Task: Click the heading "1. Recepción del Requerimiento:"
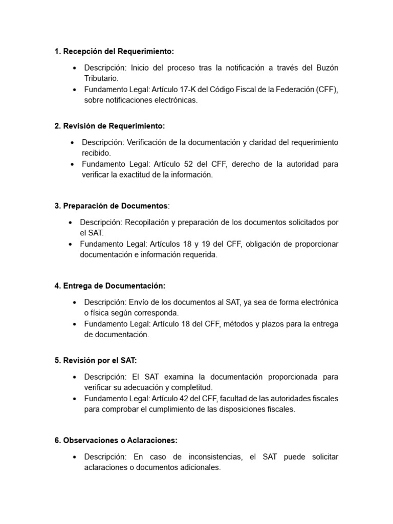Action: (114, 51)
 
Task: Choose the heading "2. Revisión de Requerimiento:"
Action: (110, 126)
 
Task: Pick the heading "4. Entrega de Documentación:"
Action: (110, 286)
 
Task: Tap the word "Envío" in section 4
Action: (141, 302)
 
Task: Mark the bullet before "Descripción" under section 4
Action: (75, 302)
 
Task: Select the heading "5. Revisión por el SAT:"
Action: (96, 360)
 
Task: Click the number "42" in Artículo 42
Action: (186, 399)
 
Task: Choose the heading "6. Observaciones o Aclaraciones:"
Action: (116, 440)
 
